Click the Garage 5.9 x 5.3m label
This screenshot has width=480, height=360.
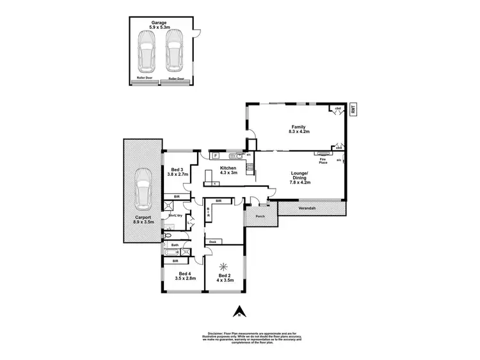159,26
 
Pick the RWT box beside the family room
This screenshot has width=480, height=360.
353,109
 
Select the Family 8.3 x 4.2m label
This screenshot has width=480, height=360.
298,130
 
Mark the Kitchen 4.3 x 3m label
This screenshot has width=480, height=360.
228,170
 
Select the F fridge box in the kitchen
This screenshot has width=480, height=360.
216,155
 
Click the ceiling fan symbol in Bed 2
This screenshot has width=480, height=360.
223,266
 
